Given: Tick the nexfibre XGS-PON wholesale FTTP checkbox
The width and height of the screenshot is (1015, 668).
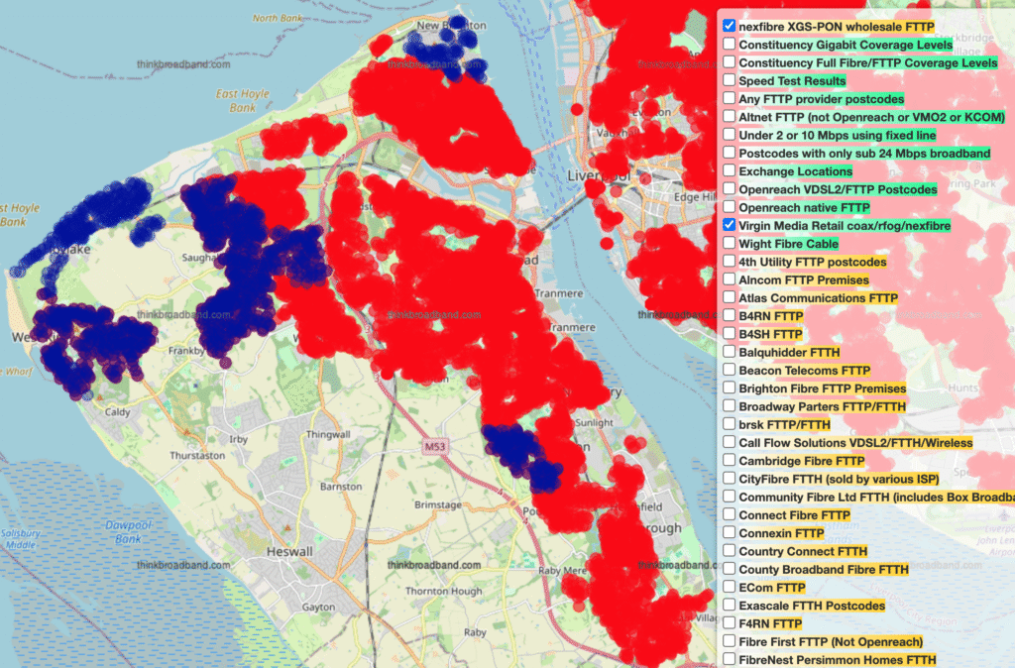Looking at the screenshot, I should click(730, 26).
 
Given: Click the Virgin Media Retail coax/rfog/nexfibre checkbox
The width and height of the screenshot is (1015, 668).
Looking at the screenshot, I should click(730, 226).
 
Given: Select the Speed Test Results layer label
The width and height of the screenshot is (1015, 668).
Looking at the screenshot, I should click(792, 80).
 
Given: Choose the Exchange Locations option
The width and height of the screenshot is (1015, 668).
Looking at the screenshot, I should click(796, 171).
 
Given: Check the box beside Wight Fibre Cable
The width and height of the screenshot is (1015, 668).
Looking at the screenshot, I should click(730, 244).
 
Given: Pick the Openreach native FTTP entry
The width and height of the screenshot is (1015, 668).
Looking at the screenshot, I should click(804, 208).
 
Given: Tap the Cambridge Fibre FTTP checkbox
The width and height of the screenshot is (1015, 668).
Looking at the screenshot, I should click(730, 461).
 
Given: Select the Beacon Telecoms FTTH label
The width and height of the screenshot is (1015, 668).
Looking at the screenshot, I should click(804, 370).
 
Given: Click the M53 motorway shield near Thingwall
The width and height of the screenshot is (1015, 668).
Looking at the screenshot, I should click(434, 447).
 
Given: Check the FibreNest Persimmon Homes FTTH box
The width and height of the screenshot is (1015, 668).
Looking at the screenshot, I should click(730, 660).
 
